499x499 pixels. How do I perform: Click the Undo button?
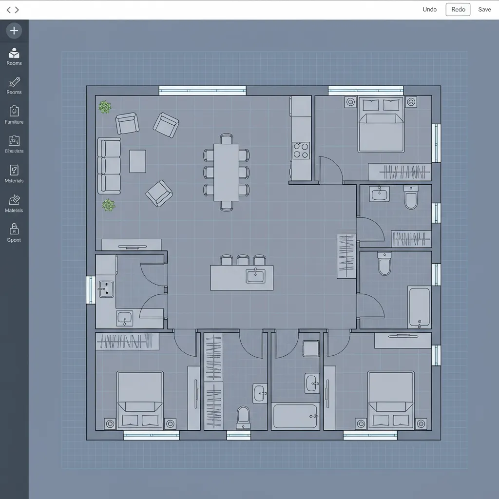[x=429, y=10]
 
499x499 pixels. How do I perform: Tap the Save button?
[x=484, y=10]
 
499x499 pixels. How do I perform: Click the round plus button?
[x=14, y=31]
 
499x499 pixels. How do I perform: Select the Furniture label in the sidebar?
[x=14, y=122]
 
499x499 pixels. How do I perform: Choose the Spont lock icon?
[x=14, y=229]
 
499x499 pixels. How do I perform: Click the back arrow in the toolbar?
[x=9, y=10]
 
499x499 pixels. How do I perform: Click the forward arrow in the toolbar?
[x=17, y=10]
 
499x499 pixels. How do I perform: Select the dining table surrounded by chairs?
[x=226, y=172]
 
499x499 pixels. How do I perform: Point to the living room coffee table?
[x=137, y=161]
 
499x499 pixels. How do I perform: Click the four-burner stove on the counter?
[x=301, y=150]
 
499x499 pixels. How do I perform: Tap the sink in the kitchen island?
[x=255, y=276]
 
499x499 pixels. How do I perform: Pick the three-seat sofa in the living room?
[x=109, y=166]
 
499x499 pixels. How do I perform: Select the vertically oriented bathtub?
[x=419, y=307]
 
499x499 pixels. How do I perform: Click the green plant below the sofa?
[x=108, y=205]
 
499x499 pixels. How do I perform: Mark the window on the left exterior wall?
[x=91, y=289]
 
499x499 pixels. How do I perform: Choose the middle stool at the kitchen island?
[x=243, y=260]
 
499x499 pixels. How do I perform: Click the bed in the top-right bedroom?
[x=381, y=125]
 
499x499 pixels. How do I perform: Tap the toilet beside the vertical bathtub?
[x=384, y=264]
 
